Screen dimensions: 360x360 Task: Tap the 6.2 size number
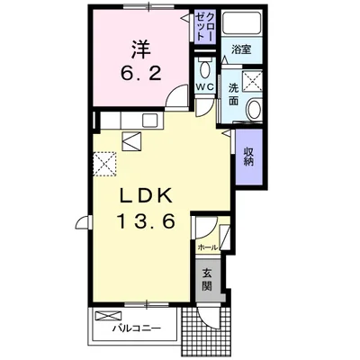(x=141, y=73)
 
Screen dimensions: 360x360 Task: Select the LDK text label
(x=147, y=196)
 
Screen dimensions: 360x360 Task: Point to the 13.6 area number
(x=147, y=221)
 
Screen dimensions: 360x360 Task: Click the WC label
(x=205, y=86)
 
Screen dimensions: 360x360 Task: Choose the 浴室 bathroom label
(x=241, y=49)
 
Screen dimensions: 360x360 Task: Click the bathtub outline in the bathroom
(x=242, y=23)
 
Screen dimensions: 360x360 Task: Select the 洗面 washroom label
(x=233, y=94)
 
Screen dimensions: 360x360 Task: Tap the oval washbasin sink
(x=255, y=110)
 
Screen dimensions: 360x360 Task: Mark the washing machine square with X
(x=252, y=81)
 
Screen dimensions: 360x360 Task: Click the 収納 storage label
(x=248, y=156)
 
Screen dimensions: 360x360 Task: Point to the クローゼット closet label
(x=205, y=26)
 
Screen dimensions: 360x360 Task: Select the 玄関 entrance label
(x=206, y=280)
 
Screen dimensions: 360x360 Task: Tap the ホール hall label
(x=208, y=247)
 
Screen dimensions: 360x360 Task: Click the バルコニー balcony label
(x=137, y=328)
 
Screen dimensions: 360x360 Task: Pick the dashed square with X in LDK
(x=104, y=164)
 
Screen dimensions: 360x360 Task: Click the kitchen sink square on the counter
(x=151, y=121)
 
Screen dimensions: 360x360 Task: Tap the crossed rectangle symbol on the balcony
(x=108, y=316)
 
